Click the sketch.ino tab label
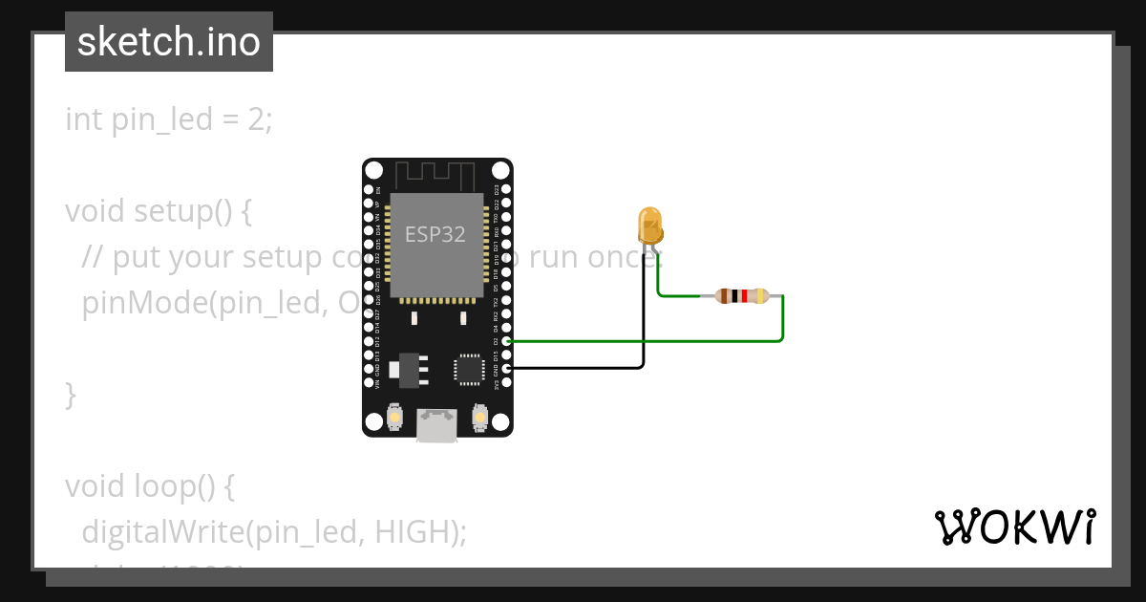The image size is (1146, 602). pos(169,42)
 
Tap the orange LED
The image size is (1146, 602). pos(649,226)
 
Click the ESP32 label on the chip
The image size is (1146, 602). pos(435,234)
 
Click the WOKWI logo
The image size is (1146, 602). pos(1014,527)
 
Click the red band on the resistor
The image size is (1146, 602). pos(744,296)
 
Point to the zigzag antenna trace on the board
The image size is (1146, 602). pos(436,175)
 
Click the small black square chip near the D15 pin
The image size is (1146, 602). pos(469,369)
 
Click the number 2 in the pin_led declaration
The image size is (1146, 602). pos(258,119)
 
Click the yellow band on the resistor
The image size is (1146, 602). pos(761,296)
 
